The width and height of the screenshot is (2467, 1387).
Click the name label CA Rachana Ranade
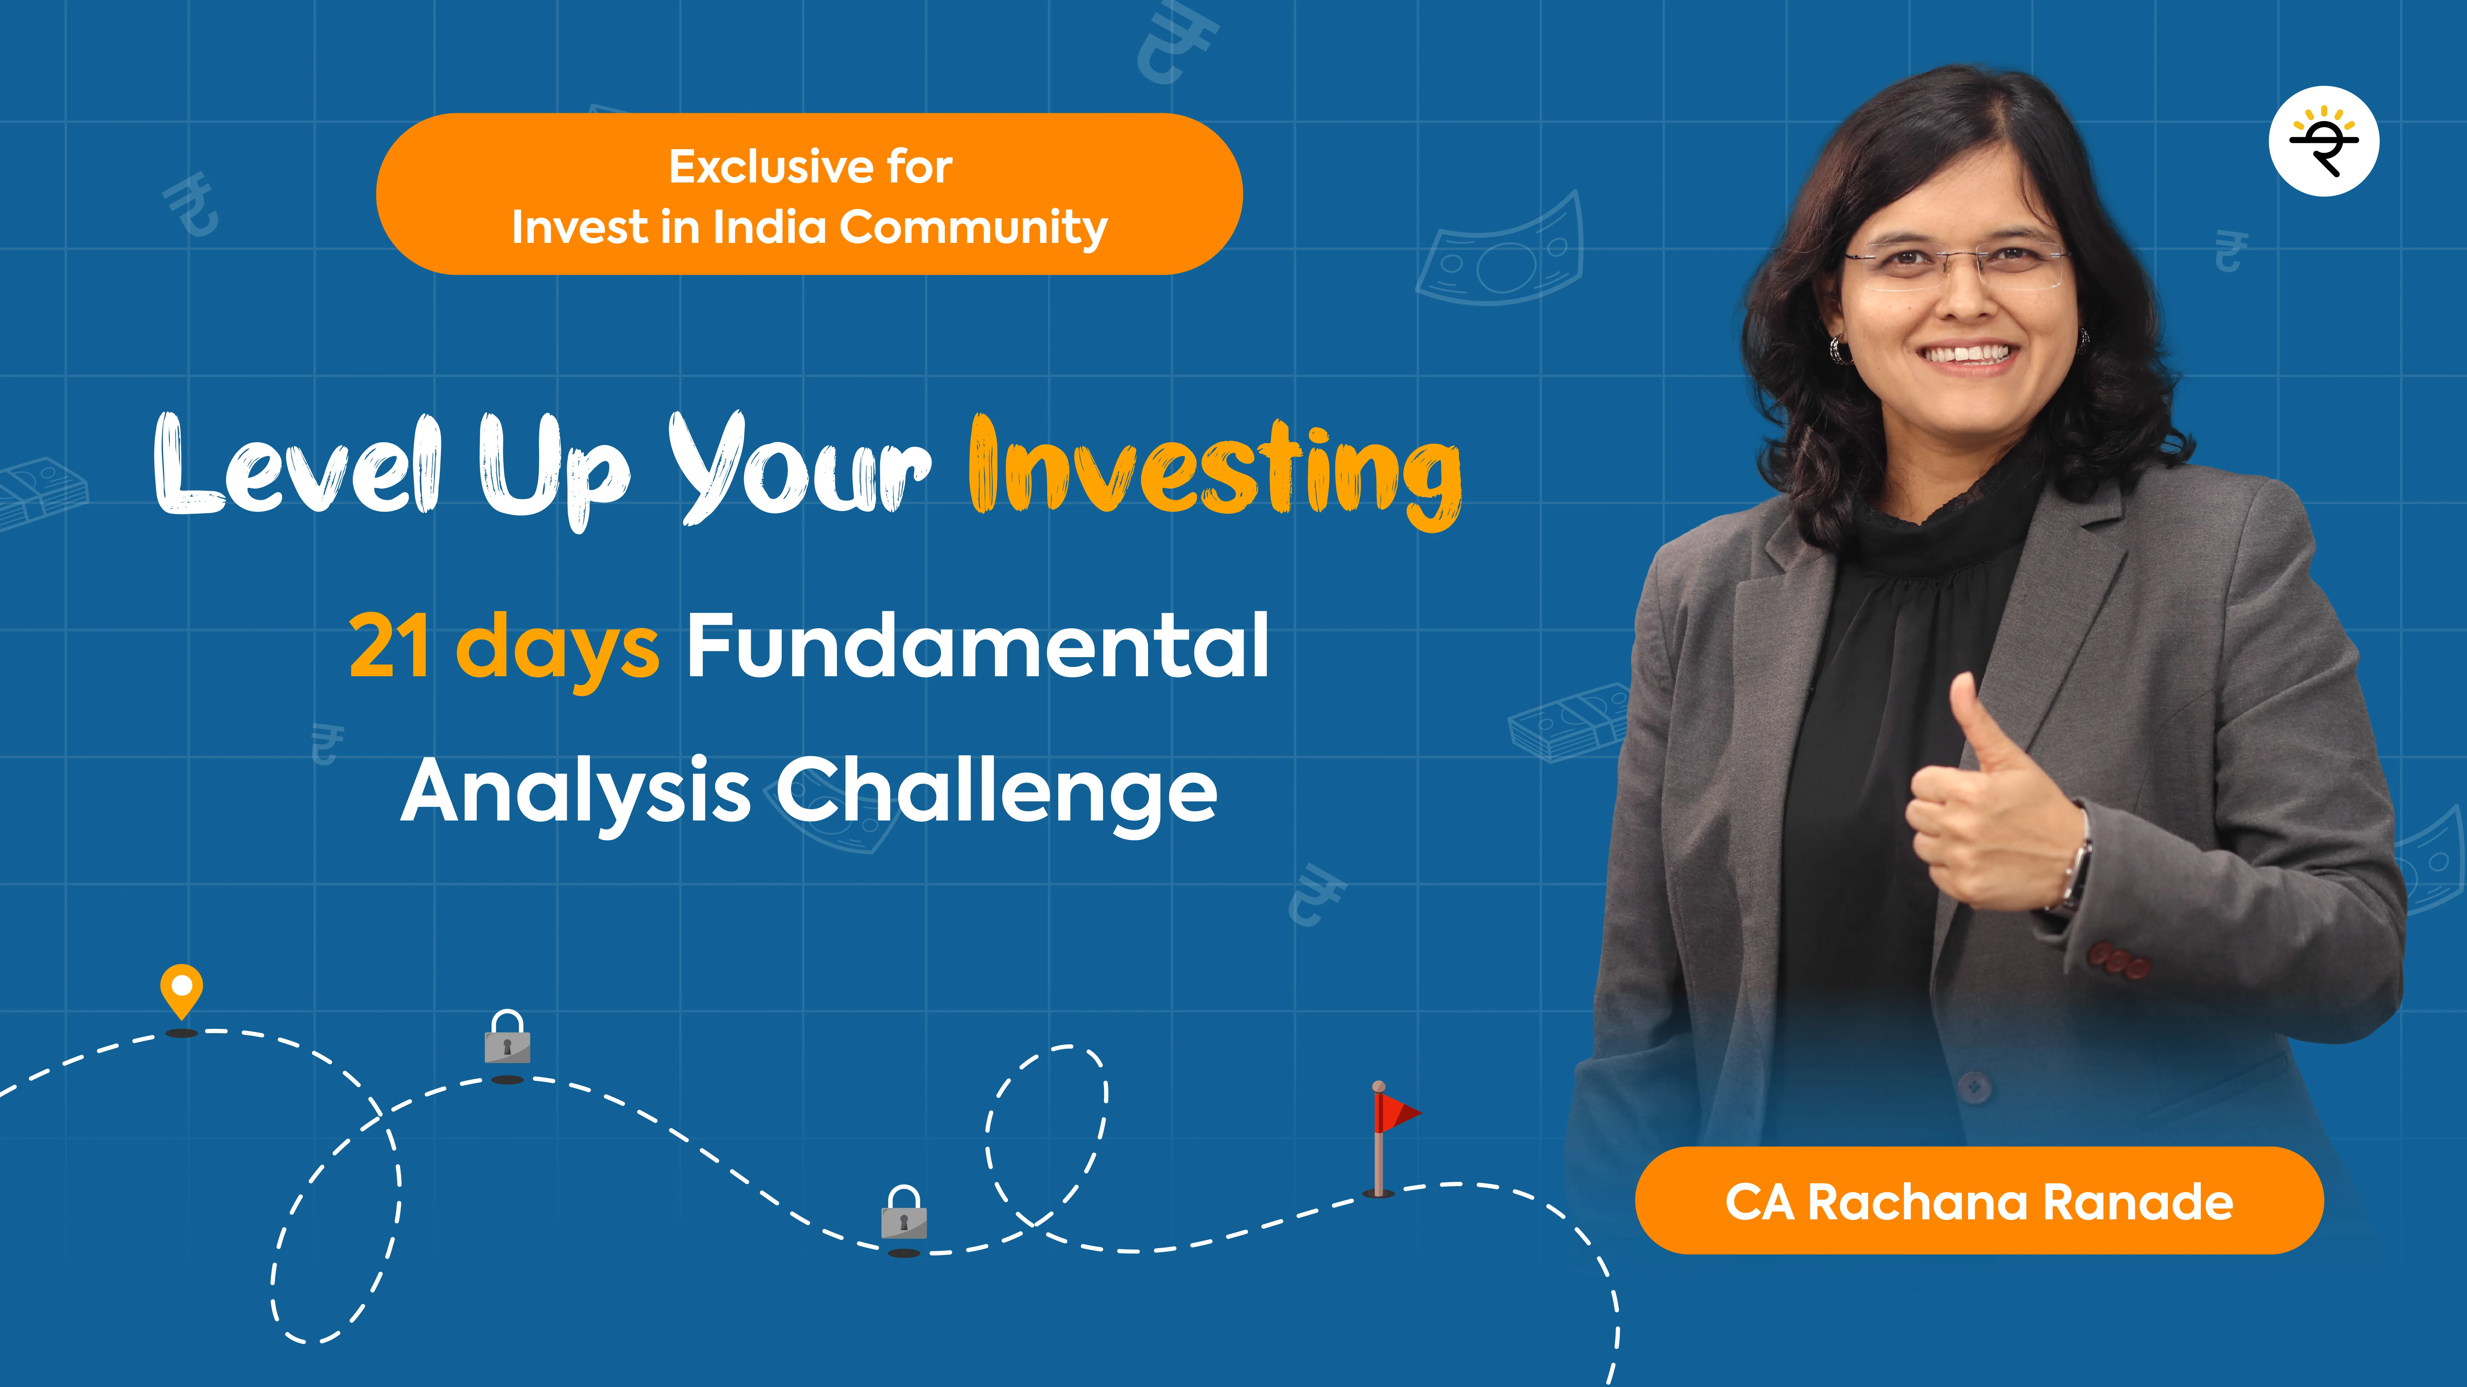pos(1979,1201)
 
